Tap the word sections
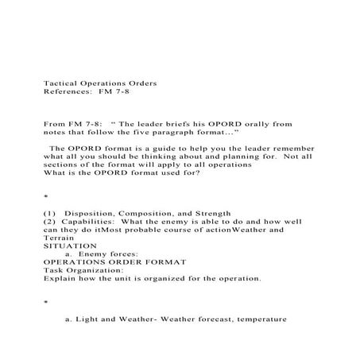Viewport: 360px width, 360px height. click(x=62, y=167)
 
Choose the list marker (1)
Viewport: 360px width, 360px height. click(x=49, y=214)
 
